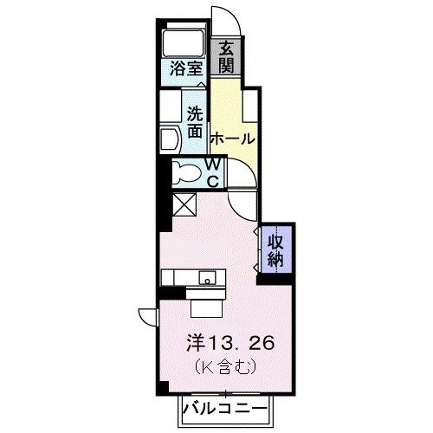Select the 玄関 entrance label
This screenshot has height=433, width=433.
pyautogui.click(x=225, y=58)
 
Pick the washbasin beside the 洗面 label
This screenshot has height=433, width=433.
pyautogui.click(x=170, y=137)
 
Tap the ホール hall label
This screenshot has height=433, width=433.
pyautogui.click(x=232, y=139)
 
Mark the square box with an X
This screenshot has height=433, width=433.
pyautogui.click(x=184, y=205)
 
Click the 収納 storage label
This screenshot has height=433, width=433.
pyautogui.click(x=275, y=249)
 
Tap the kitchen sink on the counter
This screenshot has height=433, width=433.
pyautogui.click(x=208, y=278)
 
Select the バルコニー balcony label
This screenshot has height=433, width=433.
pyautogui.click(x=226, y=407)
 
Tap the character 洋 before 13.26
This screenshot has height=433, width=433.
pyautogui.click(x=197, y=343)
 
